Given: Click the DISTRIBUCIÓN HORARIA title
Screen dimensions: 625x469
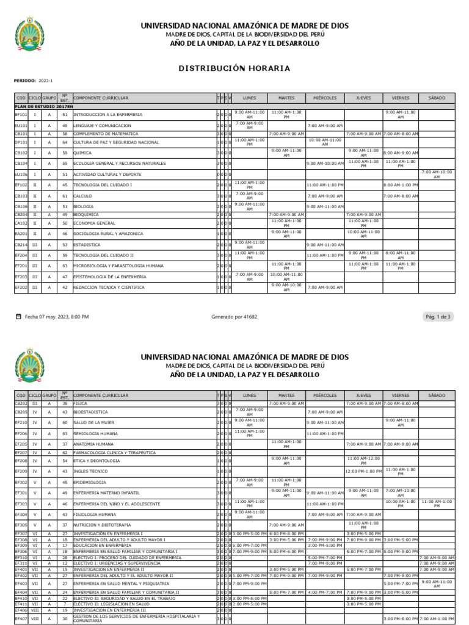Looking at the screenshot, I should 234,68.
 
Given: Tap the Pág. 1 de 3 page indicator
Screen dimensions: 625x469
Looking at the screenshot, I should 437,317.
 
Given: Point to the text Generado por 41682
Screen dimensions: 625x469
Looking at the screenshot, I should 234,317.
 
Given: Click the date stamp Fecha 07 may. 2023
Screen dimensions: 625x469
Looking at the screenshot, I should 56,317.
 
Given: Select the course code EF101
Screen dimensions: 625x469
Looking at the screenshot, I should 21,115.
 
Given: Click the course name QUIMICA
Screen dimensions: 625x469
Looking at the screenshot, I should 82,153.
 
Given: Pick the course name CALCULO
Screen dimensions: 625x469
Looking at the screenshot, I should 83,196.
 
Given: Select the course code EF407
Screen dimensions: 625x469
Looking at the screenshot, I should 21,620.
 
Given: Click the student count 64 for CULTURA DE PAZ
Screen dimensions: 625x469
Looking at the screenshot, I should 64,142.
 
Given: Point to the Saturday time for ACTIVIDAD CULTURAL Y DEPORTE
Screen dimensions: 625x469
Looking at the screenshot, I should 437,174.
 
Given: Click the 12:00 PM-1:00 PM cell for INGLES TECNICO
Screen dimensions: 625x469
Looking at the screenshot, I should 363,471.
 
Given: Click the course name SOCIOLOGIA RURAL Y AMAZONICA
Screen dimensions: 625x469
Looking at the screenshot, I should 108,233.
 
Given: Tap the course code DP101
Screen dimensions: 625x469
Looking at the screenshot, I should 21,142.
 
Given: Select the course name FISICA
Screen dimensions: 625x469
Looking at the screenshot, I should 81,403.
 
